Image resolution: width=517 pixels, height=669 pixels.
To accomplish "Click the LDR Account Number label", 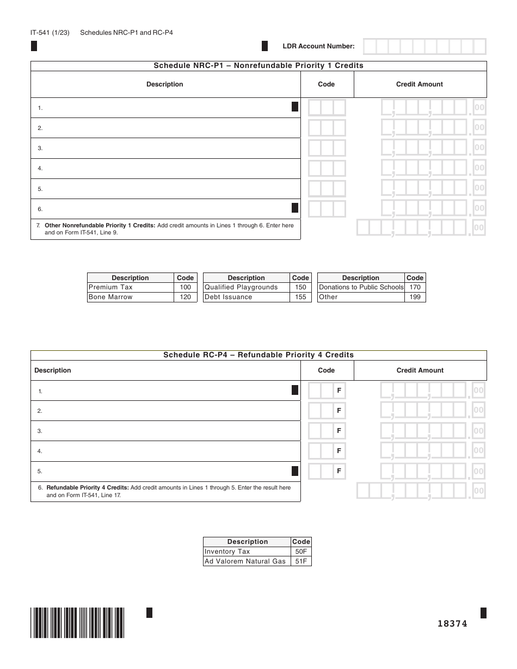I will point(318,47).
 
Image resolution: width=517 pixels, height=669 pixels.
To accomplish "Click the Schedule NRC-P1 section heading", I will point(258,66).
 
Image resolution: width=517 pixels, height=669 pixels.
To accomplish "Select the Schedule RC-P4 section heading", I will point(258,355).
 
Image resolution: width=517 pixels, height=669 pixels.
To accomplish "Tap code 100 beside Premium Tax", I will point(185,287).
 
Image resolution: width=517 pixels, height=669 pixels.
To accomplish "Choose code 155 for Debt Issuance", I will point(300,297).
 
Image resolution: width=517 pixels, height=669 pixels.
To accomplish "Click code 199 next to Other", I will point(415,297).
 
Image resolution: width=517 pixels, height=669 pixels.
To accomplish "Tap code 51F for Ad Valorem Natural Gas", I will point(301,561).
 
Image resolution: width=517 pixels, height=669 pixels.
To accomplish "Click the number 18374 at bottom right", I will point(452,624).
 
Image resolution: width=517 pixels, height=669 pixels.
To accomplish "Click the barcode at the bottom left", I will point(78,622).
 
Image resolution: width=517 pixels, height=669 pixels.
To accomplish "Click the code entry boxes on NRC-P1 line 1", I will point(327,108).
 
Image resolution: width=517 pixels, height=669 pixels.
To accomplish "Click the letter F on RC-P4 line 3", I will point(339,431).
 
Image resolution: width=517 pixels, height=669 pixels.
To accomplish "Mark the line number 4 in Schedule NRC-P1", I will point(40,169).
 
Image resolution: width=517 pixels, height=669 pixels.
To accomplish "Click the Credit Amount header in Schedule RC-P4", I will point(420,370).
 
